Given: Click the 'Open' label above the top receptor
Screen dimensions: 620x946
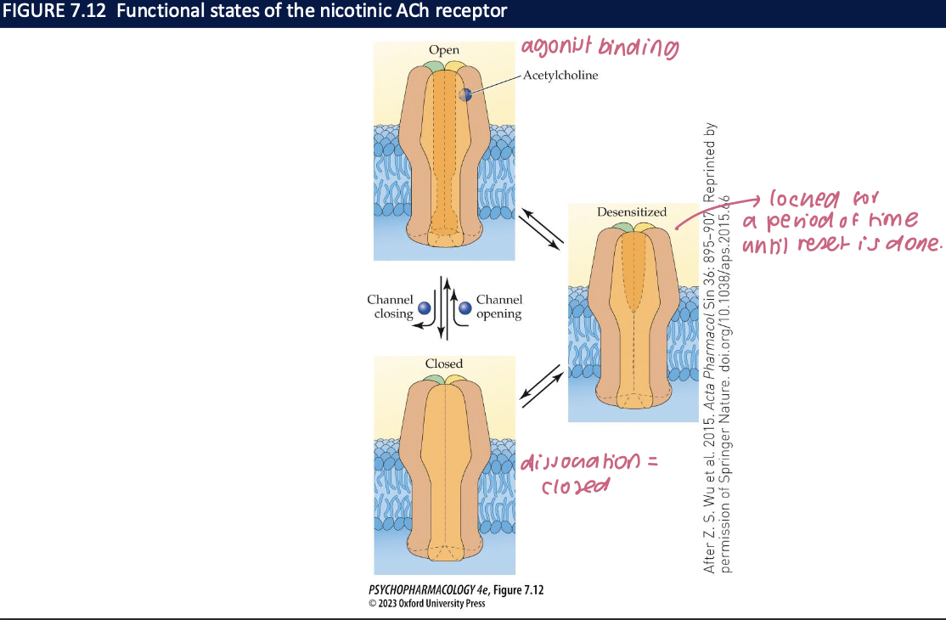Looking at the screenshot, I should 444,51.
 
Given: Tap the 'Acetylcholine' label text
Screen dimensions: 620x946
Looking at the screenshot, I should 560,75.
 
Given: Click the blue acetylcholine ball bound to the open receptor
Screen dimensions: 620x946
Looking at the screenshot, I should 465,95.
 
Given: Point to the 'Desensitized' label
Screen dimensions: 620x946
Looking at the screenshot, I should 631,211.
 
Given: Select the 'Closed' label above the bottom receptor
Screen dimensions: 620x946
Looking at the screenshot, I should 444,364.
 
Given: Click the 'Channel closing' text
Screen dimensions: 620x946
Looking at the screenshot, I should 391,307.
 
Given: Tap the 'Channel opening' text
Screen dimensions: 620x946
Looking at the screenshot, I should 499,307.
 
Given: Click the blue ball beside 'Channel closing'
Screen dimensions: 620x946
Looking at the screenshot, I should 425,309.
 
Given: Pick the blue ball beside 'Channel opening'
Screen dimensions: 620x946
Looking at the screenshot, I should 465,309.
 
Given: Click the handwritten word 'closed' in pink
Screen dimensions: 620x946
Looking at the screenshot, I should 577,488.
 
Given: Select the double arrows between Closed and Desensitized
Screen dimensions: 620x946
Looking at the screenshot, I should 541,383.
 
